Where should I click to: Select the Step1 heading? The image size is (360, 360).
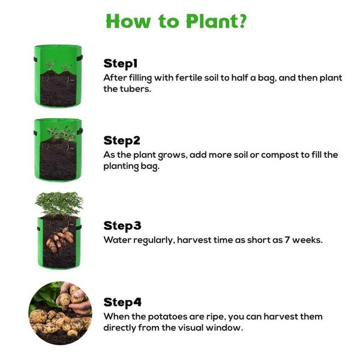(121, 64)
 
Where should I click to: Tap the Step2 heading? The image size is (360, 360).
(121, 140)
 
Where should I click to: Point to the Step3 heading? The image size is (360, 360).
(122, 226)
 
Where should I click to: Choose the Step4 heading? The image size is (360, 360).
(122, 302)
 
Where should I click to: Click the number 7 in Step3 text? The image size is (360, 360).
(287, 240)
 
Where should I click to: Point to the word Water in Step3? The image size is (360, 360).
(117, 240)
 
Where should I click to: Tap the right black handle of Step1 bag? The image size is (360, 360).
(79, 58)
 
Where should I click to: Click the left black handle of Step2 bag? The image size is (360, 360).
(35, 133)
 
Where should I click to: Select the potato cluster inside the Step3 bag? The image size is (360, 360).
(60, 239)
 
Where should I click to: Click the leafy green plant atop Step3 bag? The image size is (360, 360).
(59, 203)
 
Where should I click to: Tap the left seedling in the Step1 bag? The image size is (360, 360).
(50, 65)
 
